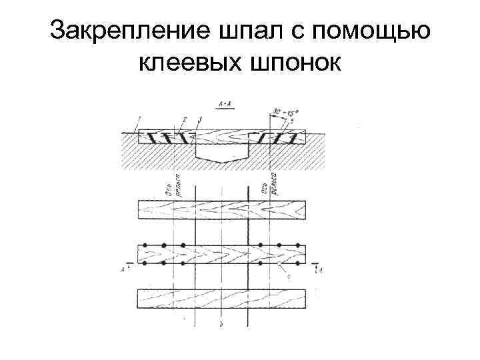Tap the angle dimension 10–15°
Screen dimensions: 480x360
(281, 110)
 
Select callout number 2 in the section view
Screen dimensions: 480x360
(183, 119)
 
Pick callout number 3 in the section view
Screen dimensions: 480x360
(199, 119)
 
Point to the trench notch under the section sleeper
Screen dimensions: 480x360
(222, 156)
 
